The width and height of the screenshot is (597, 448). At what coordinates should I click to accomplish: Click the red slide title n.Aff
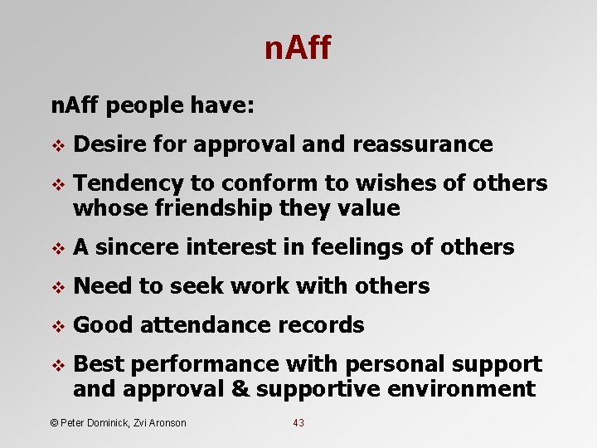(x=297, y=49)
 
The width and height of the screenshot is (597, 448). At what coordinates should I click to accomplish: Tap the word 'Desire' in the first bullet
(x=110, y=144)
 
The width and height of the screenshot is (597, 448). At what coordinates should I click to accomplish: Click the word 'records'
(x=323, y=325)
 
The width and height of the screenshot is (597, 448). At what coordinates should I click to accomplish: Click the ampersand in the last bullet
(x=244, y=389)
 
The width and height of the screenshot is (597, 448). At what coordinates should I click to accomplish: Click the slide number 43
(x=298, y=423)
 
